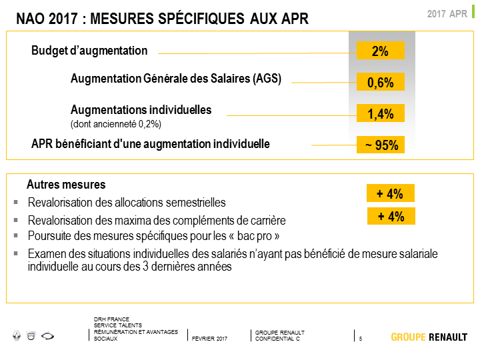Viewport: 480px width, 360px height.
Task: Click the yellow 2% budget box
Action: (381, 51)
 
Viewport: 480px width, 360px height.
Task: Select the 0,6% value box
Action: (381, 82)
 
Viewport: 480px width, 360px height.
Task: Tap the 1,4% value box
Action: (381, 113)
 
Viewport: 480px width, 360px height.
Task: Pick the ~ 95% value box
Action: (381, 145)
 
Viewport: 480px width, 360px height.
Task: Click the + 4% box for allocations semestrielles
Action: (391, 193)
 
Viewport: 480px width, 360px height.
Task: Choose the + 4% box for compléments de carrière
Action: (391, 216)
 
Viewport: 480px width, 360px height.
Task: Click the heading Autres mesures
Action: (66, 185)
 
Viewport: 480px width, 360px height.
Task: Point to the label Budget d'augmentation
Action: (89, 51)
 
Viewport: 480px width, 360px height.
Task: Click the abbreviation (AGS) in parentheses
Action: (267, 79)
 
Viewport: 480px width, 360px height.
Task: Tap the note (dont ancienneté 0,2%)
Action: (116, 124)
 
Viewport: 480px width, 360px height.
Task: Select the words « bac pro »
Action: (254, 236)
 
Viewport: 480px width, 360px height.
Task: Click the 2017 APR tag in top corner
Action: (447, 14)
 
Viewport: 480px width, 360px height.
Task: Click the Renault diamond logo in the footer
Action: (17, 336)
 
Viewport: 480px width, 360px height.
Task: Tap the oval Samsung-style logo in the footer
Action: (47, 336)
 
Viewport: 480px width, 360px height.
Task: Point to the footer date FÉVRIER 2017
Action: (210, 339)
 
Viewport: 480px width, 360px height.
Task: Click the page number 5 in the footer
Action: (361, 339)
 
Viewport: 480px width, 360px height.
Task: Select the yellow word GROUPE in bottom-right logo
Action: (409, 337)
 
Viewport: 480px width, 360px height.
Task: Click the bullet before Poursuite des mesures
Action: (16, 235)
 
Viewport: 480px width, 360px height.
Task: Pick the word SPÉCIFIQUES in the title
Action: (201, 19)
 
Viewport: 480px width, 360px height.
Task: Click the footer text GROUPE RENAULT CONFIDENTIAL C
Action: (280, 335)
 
